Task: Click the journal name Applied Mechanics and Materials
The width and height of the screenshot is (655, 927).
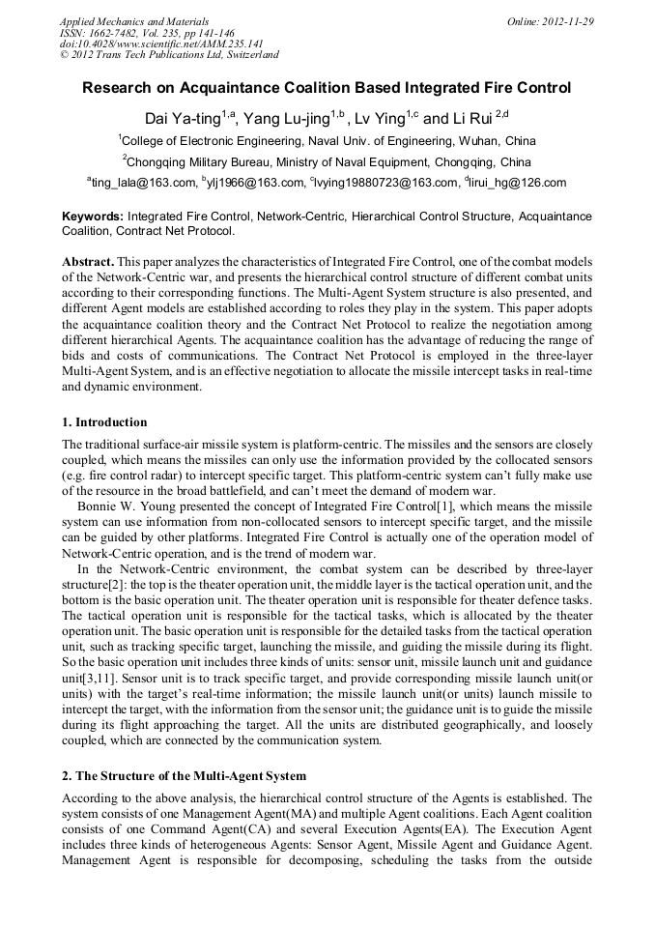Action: tap(134, 20)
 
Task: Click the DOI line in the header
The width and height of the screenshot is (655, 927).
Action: tap(161, 43)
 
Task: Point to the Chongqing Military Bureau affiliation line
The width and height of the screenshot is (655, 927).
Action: tap(327, 161)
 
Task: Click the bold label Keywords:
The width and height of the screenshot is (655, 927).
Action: tap(93, 217)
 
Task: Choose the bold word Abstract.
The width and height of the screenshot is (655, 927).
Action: tap(88, 263)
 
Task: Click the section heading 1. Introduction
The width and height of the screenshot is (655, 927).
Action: tap(104, 422)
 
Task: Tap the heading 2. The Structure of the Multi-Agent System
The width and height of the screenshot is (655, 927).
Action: tap(184, 776)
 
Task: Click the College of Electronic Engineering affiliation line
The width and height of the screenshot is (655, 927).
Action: tap(327, 140)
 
